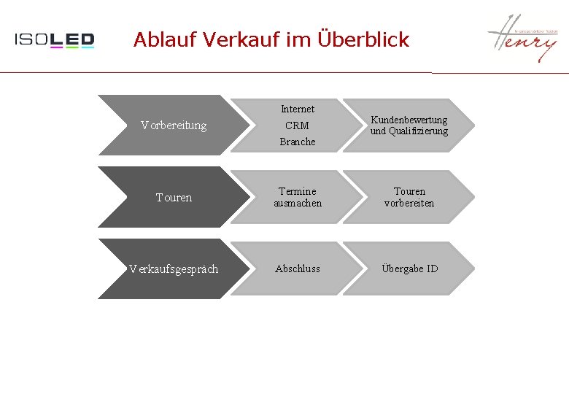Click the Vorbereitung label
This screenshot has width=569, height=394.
(x=174, y=125)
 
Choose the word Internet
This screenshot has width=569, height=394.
(x=298, y=109)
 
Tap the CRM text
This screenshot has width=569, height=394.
(x=297, y=125)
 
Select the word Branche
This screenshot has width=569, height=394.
(x=298, y=142)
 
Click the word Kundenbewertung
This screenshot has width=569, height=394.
(x=409, y=120)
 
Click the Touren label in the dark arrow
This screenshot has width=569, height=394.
(x=174, y=197)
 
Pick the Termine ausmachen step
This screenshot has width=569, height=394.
(x=298, y=197)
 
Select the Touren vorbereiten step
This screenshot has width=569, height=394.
(x=409, y=197)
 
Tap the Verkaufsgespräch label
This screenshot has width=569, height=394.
(x=174, y=269)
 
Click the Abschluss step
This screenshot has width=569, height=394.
(x=298, y=269)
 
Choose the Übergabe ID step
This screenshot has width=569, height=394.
(x=409, y=269)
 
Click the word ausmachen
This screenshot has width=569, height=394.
(x=298, y=203)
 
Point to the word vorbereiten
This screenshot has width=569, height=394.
(x=409, y=203)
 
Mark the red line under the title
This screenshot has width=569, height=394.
(x=219, y=72)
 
